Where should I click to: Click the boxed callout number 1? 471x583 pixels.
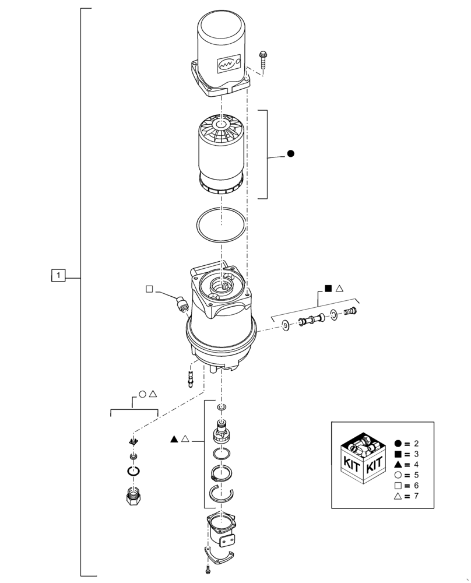point(58,274)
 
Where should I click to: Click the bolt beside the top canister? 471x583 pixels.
point(262,59)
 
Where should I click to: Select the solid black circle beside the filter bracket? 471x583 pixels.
point(291,154)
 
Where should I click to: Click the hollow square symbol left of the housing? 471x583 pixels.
point(149,289)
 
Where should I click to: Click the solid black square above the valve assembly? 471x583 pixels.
point(328,288)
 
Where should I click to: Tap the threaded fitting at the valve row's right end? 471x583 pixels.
point(350,313)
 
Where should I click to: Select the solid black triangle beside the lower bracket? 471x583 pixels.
point(175,438)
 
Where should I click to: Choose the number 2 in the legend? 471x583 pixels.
point(416,443)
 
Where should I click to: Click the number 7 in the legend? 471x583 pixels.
point(416,496)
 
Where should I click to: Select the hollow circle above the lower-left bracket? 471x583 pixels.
point(142,394)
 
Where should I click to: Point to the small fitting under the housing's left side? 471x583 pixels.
point(190,374)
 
